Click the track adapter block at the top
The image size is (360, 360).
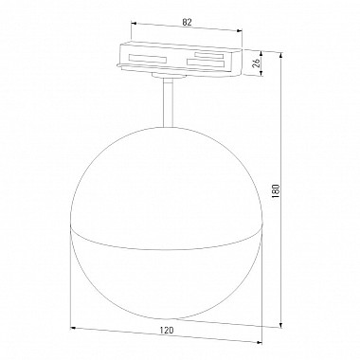pyautogui.click(x=180, y=59)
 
